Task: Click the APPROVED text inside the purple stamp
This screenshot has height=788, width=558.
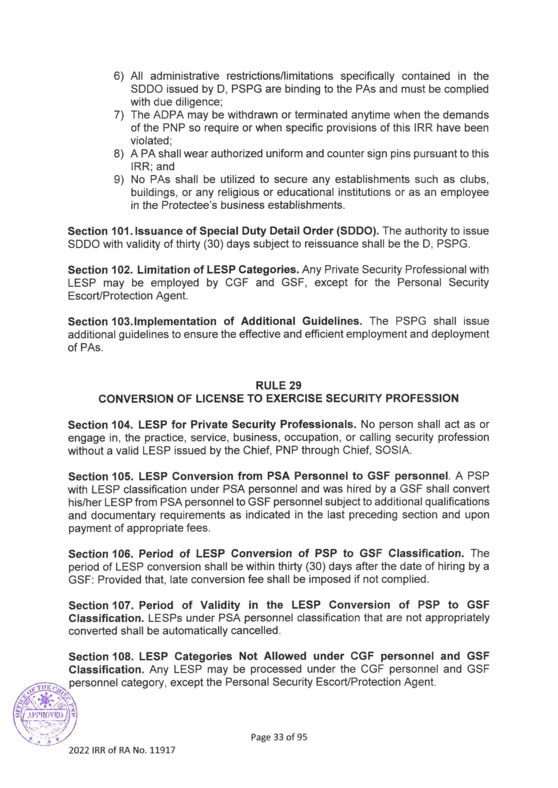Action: [x=45, y=715]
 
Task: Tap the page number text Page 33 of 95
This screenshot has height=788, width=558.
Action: [x=279, y=737]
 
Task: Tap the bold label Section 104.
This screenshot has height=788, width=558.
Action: [x=100, y=424]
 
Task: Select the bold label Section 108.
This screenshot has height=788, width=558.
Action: [x=100, y=656]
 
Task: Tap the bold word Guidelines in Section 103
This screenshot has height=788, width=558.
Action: [x=332, y=321]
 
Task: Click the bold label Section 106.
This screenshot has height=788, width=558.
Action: [x=100, y=554]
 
